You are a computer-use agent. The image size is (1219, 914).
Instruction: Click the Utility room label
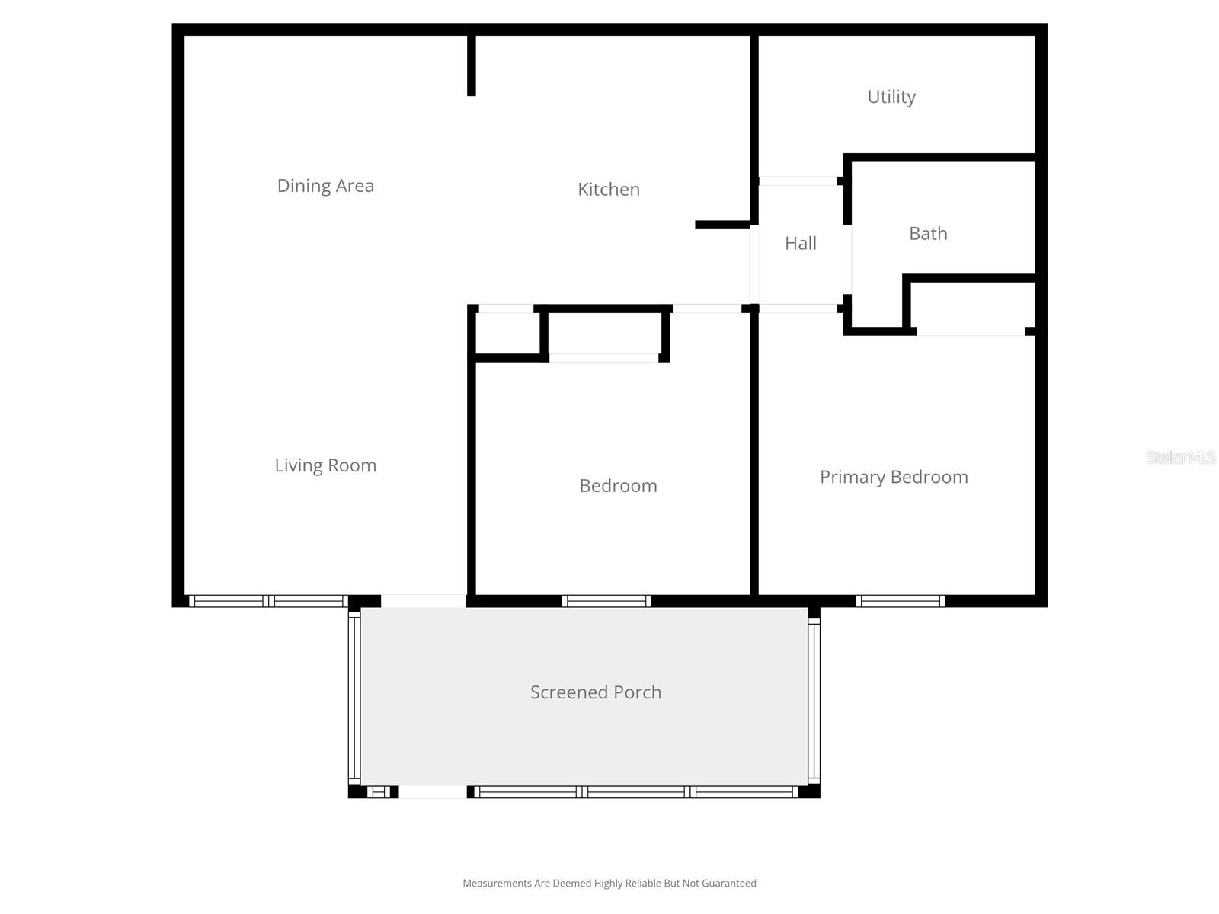[891, 97]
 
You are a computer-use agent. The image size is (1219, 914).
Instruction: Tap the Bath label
[928, 233]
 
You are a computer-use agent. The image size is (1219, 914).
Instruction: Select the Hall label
[800, 243]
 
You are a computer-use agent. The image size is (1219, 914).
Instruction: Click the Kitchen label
[608, 189]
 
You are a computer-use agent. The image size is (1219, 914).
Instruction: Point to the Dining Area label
[325, 186]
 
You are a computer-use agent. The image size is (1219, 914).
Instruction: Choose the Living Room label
[325, 465]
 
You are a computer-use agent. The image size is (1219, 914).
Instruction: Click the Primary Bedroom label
[894, 477]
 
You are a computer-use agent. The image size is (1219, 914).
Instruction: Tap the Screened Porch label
[596, 692]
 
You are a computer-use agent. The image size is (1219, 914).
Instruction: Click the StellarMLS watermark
[1181, 457]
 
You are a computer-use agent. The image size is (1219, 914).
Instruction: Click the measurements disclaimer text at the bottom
[609, 884]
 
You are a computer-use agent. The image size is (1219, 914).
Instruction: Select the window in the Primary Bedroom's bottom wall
[901, 601]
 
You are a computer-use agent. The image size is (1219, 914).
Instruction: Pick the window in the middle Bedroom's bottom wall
[606, 601]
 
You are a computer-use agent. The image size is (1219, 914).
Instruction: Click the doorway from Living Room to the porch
[423, 601]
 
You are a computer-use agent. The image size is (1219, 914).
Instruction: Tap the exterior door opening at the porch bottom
[432, 792]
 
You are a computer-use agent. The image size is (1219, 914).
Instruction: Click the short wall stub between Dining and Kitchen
[472, 65]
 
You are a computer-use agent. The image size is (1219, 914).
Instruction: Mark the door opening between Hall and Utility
[798, 181]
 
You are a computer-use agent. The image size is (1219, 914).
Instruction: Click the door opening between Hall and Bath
[847, 259]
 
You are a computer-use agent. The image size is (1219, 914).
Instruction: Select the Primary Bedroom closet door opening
[970, 331]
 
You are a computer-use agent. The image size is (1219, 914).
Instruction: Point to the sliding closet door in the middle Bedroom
[603, 357]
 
